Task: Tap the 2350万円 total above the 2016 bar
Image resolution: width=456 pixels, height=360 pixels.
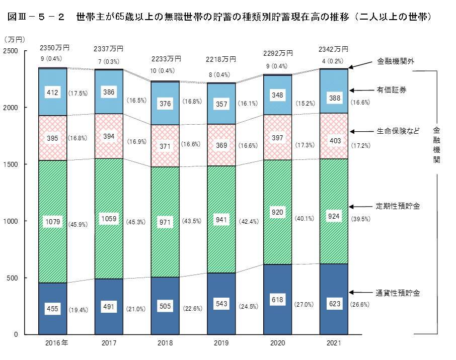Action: pos(54,48)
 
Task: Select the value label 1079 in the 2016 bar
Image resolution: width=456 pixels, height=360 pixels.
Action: pos(53,221)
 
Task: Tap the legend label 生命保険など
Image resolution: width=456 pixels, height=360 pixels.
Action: pos(397,131)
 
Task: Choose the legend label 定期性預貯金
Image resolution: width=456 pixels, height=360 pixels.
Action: pos(398,206)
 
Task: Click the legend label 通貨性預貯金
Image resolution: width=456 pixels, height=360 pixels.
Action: pos(398,292)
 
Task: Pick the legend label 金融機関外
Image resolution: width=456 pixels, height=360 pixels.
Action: pos(396,62)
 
